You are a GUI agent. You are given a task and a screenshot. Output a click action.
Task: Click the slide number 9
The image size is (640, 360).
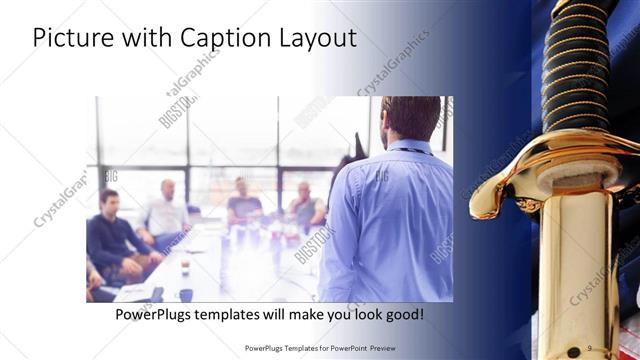590,347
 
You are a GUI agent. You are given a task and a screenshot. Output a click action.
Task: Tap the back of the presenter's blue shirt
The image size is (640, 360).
395,220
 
